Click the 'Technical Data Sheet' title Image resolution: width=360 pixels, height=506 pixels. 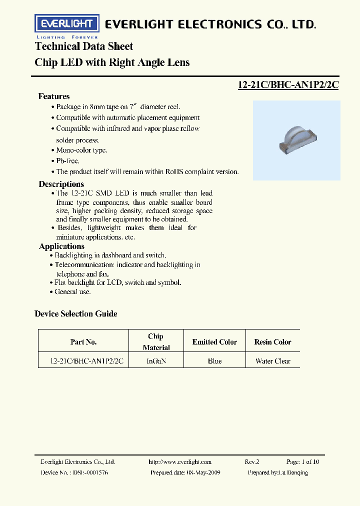pos(84,46)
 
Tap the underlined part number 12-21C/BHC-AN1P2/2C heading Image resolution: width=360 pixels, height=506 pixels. pos(288,84)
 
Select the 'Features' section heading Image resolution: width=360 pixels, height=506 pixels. pos(54,96)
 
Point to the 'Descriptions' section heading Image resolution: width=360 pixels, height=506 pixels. pos(61,184)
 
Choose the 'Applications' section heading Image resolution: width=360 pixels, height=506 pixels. pos(61,246)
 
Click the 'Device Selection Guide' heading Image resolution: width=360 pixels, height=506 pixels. pos(76,313)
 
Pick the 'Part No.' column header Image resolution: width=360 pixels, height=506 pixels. pos(83,342)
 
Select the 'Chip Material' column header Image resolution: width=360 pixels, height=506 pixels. pos(156,342)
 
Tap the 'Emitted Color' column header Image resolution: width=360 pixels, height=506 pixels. pos(214,342)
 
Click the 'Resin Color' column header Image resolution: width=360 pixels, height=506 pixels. pos(272,342)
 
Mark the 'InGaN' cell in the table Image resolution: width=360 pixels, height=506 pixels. pos(156,361)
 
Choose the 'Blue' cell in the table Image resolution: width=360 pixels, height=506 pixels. pos(214,361)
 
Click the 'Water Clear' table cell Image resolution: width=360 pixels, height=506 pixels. pos(272,361)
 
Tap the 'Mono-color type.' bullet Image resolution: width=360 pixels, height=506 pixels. pos(81,150)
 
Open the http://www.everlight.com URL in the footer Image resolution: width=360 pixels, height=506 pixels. pos(180,462)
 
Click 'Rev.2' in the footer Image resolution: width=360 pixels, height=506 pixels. pos(252,462)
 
